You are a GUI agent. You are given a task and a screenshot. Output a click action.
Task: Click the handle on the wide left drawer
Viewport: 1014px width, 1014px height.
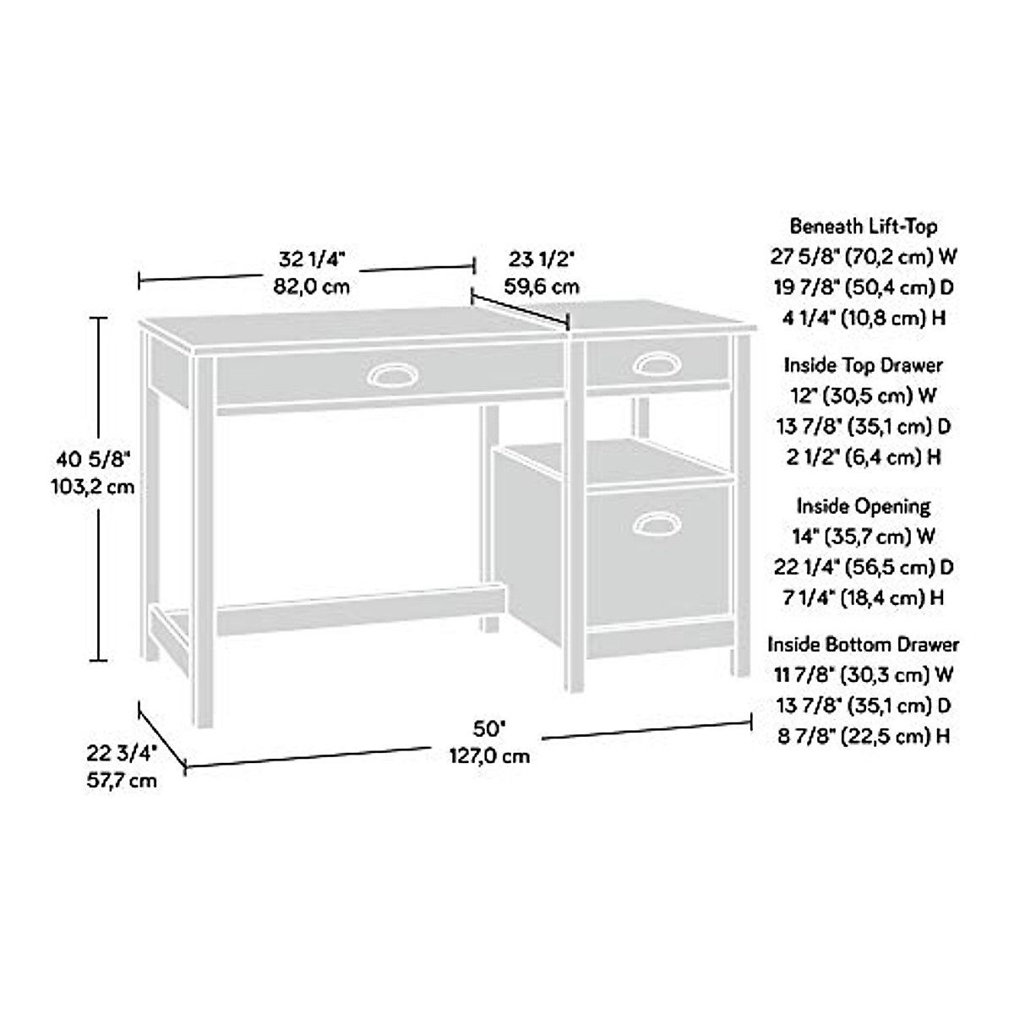pos(391,377)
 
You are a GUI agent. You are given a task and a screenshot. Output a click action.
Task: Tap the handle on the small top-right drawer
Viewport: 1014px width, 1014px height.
pos(657,364)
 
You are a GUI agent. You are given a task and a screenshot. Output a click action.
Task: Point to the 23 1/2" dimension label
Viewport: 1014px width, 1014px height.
pos(542,257)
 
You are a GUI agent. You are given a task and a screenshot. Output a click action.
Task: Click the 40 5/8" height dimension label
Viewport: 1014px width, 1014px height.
pos(95,460)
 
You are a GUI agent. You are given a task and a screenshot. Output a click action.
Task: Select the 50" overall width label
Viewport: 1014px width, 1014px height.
pos(489,728)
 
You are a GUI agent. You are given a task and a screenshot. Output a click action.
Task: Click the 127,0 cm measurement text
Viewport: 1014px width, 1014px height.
pos(489,755)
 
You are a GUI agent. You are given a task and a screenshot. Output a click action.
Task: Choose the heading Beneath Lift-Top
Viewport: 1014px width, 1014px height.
pos(864,226)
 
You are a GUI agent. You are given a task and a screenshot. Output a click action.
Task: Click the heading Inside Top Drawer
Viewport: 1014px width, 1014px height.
pos(864,365)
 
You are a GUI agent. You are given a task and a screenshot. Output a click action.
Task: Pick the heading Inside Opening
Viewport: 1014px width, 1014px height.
pos(864,505)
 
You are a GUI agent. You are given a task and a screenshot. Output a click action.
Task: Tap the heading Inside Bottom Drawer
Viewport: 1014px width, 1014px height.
pos(864,644)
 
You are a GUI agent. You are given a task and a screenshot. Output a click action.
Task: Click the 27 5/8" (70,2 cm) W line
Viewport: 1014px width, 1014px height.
pos(864,256)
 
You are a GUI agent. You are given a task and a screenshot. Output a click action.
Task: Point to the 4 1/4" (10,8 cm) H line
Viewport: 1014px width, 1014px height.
pos(864,319)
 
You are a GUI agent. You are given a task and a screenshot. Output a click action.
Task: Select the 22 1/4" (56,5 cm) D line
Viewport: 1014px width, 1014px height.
pos(864,566)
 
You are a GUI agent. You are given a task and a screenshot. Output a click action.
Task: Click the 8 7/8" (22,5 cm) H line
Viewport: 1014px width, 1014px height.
pos(864,736)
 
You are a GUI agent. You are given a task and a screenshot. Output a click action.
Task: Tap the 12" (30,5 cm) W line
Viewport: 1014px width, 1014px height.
pos(864,395)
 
